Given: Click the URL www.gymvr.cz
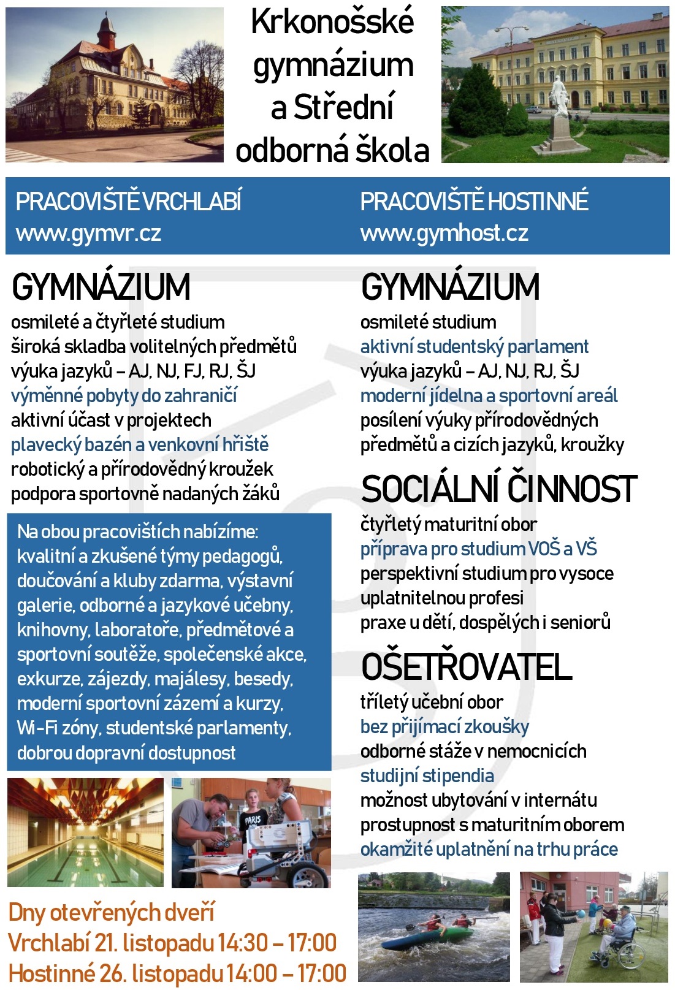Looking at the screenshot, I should tap(88, 234).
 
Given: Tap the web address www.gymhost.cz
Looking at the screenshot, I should tap(444, 234).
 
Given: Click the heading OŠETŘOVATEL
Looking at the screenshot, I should tap(466, 667).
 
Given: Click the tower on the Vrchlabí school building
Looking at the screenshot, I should tap(107, 34).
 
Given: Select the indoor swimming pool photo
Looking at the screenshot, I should tap(85, 832).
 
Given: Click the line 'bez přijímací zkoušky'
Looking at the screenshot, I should tap(444, 727).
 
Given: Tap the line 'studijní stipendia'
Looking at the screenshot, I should tap(427, 776).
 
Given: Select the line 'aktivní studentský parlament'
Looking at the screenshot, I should tap(474, 347).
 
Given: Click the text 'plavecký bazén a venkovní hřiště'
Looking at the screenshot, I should tap(140, 445).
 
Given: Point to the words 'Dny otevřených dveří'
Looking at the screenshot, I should tap(112, 913).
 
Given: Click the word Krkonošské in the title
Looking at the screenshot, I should tap(332, 23).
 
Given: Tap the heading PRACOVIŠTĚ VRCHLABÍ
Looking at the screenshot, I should tap(129, 202).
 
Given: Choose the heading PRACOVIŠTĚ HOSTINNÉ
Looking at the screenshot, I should tap(474, 202).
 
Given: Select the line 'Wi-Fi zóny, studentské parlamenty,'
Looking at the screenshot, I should tap(154, 728).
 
